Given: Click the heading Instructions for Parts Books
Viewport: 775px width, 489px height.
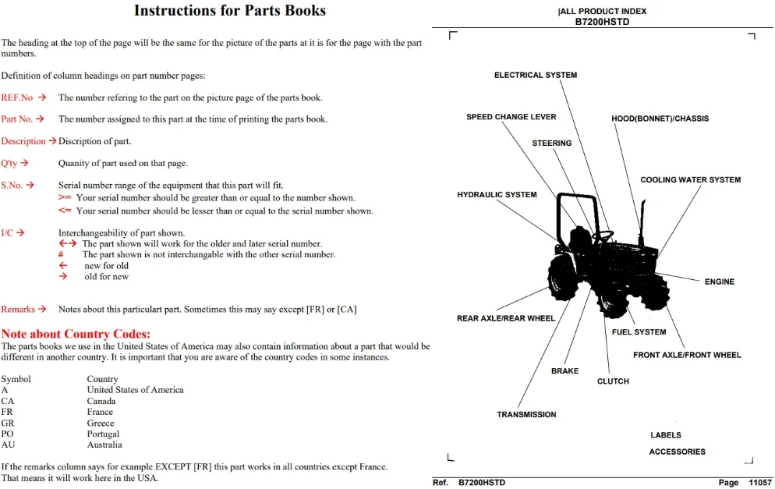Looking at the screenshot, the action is click(230, 10).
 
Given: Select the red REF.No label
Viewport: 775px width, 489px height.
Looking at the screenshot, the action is click(17, 97).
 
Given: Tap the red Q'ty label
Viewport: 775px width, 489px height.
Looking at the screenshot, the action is click(9, 163).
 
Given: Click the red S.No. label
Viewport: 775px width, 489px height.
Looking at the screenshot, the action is click(12, 186).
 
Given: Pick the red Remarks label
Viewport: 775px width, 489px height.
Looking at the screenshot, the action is click(18, 310).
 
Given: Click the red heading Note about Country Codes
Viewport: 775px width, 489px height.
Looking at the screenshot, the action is click(76, 334).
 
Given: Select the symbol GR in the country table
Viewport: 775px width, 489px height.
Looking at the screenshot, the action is click(8, 423).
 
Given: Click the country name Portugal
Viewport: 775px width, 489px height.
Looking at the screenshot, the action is click(103, 434).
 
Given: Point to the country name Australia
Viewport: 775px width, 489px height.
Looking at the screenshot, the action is click(104, 445).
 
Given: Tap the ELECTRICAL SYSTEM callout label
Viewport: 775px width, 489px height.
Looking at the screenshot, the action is click(536, 75).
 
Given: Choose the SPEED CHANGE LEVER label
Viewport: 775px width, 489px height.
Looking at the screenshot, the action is click(511, 117).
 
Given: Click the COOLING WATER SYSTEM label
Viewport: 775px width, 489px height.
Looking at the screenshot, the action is click(691, 180).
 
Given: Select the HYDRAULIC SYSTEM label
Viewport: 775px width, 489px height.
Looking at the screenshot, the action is click(497, 195).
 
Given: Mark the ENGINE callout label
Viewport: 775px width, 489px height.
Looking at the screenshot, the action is click(719, 282).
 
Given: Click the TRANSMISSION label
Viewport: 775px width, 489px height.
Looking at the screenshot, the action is click(526, 415).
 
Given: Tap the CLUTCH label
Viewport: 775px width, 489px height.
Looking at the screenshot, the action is click(613, 381).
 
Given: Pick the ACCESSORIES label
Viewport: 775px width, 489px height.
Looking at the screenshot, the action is click(677, 452).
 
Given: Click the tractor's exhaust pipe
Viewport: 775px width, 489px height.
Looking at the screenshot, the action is click(642, 222).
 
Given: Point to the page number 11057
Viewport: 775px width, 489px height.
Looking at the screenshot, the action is click(760, 483).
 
